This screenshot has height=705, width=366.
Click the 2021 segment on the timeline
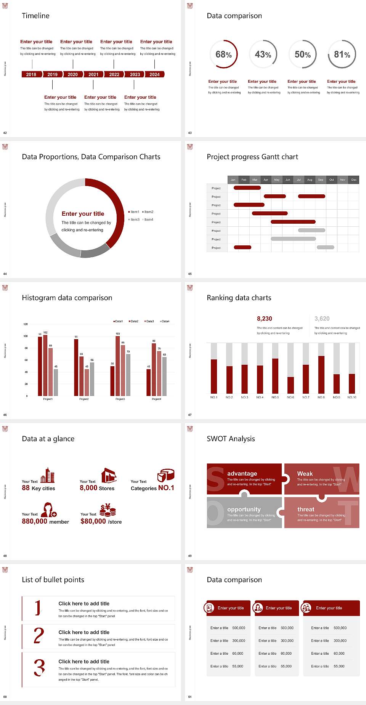[93, 74]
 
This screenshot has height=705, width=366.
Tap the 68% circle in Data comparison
[223, 54]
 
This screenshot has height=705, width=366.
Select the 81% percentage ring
[342, 54]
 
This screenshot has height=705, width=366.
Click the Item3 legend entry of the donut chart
[134, 220]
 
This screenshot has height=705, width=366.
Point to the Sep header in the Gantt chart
[321, 179]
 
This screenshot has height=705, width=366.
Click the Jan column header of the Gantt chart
[233, 179]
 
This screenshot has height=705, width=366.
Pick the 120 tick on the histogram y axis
[26, 324]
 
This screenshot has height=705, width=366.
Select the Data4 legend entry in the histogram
[165, 321]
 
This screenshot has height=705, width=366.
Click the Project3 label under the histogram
[120, 399]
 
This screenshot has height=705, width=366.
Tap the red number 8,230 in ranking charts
[265, 319]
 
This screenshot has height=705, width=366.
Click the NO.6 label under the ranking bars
[291, 397]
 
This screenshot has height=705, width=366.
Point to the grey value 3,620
[322, 319]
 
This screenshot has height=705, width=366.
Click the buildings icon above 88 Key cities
[48, 475]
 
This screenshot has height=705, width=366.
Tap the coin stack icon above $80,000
[108, 510]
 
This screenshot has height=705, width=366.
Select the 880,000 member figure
[45, 521]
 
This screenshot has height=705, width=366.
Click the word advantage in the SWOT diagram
[242, 473]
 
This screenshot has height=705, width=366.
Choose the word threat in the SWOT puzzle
[306, 509]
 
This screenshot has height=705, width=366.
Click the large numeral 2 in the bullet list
[39, 636]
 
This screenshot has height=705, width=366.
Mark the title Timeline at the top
[35, 16]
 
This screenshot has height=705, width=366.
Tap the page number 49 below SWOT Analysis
[190, 556]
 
